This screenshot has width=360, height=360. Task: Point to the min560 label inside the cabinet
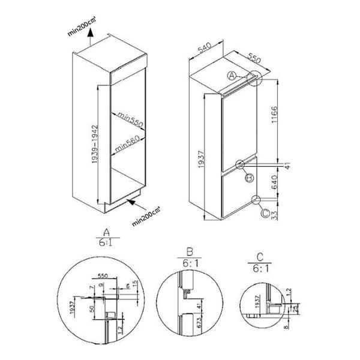click(x=128, y=143)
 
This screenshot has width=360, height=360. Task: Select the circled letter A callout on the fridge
click(x=233, y=76)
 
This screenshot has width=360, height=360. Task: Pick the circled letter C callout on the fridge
click(x=265, y=211)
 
